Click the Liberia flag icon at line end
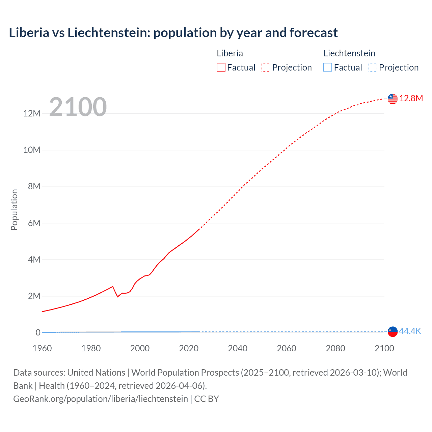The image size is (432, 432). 393,99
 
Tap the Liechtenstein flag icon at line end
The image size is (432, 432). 393,331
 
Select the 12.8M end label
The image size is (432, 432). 411,98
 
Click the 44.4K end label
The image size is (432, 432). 410,331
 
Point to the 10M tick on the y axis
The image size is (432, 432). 32,150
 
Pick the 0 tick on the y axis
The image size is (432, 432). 38,332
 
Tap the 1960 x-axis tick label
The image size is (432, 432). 42,348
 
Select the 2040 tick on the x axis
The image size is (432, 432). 238,348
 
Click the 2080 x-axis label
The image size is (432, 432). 335,348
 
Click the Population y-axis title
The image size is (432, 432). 14,210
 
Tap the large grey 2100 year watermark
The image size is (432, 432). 78,107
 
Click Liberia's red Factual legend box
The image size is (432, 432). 221,67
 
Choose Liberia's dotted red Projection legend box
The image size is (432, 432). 266,67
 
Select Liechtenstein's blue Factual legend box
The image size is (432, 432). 328,67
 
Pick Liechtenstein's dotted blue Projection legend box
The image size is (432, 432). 373,67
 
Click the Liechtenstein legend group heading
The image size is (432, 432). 349,53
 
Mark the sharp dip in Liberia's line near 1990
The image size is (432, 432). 117,296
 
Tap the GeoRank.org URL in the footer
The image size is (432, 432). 101,399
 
